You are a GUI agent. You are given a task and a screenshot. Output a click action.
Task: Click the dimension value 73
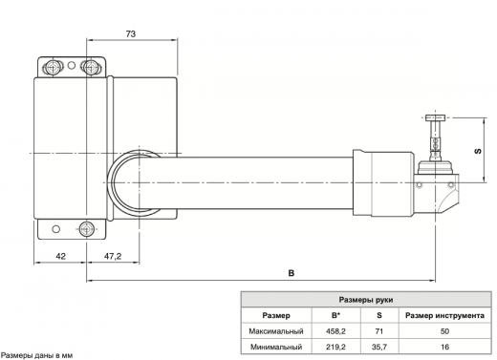click(131, 34)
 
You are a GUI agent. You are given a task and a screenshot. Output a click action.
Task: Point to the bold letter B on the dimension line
click(292, 274)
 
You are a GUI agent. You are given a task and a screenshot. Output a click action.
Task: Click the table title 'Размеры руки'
click(366, 299)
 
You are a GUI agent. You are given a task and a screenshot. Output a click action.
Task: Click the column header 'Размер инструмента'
click(444, 315)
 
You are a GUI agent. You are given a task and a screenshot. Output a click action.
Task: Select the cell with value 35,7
click(379, 347)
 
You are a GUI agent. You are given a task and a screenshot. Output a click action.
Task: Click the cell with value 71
click(379, 330)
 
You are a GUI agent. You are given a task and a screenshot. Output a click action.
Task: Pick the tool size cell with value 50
click(444, 330)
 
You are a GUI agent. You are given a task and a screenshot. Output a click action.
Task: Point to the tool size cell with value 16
click(444, 347)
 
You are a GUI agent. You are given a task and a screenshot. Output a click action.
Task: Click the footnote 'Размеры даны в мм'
click(37, 355)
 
